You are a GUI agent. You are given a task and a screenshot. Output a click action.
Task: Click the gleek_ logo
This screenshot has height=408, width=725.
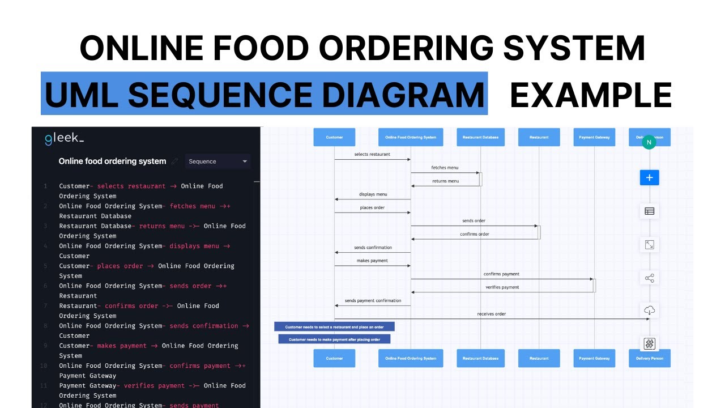click(x=64, y=139)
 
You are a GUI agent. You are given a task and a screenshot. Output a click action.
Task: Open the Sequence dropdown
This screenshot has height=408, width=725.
click(x=217, y=161)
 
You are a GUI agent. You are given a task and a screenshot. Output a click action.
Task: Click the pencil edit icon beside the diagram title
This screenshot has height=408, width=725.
click(x=175, y=161)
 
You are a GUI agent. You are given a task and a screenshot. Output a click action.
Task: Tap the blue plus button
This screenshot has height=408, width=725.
click(x=649, y=177)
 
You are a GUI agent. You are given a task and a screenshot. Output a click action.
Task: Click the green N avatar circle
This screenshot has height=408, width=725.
click(x=649, y=142)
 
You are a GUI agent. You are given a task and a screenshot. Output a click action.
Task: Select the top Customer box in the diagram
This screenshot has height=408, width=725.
click(x=334, y=137)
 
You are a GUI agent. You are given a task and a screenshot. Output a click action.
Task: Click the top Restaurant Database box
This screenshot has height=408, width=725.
click(x=480, y=137)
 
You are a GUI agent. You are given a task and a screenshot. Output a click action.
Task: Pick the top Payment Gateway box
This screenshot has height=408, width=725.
click(x=594, y=137)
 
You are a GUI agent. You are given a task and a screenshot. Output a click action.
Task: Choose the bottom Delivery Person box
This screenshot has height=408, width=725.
click(x=649, y=358)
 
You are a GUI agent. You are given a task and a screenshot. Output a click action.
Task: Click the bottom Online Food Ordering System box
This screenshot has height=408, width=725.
click(x=411, y=358)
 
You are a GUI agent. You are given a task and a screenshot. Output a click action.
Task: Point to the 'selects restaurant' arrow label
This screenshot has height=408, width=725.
click(x=372, y=154)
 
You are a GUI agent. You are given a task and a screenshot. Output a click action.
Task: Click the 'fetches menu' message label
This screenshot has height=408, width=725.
click(x=445, y=168)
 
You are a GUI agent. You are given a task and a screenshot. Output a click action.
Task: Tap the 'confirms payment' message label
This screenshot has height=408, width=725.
click(x=501, y=274)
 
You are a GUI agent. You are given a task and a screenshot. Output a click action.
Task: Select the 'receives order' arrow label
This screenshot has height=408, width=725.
click(x=491, y=314)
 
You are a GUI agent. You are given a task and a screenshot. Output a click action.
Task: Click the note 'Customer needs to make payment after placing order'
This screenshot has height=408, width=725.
click(x=334, y=339)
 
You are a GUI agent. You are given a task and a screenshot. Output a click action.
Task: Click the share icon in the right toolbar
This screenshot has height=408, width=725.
click(x=649, y=278)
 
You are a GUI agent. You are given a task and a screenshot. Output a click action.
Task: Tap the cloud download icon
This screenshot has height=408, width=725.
click(x=649, y=311)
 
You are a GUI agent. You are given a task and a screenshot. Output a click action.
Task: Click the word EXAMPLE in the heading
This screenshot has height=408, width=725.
click(x=591, y=95)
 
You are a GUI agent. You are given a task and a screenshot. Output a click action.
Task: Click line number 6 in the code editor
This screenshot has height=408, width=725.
click(x=45, y=286)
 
